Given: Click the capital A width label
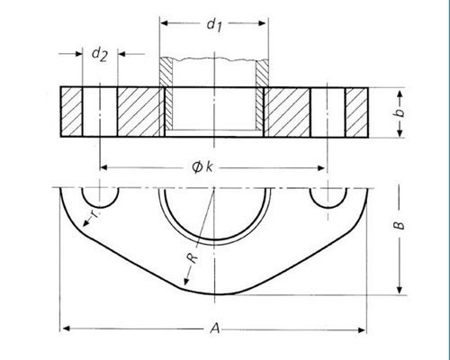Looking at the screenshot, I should click(214, 330).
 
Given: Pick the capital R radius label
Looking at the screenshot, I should click(191, 259).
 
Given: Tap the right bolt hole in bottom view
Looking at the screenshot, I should click(327, 195).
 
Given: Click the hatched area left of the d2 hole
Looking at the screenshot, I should click(73, 111).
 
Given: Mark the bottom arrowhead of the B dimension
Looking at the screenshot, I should click(396, 291).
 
